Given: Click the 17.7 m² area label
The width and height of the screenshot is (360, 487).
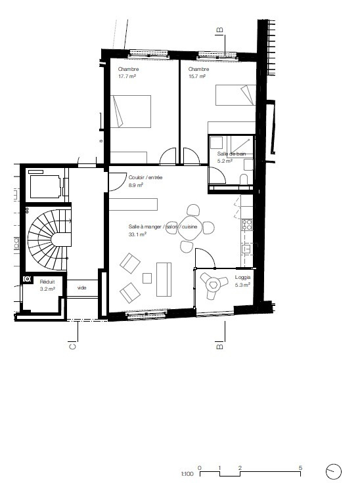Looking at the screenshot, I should [x=127, y=76].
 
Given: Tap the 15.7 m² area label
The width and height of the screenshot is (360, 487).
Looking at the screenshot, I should [x=197, y=76].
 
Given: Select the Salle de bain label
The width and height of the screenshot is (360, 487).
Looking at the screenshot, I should [x=231, y=153].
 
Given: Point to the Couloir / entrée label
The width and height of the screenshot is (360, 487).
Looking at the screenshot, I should [x=146, y=177].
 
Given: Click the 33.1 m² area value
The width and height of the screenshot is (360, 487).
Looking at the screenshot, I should [x=137, y=234].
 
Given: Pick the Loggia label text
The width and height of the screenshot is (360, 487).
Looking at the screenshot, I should [x=242, y=277].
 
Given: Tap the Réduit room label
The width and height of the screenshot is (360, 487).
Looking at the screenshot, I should [x=47, y=281].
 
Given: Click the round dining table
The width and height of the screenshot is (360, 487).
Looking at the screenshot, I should [x=192, y=228].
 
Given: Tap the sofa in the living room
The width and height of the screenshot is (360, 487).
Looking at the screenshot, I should [x=164, y=278].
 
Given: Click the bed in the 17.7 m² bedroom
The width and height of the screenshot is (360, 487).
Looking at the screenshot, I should [x=131, y=112].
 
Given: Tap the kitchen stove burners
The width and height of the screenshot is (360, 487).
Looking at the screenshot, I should [x=248, y=225].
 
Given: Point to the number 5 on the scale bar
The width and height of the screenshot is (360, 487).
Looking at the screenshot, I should [x=300, y=467].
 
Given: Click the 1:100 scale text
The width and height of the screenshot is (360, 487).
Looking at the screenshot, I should [x=187, y=473].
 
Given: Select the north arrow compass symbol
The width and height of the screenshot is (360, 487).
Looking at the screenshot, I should [x=334, y=471].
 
